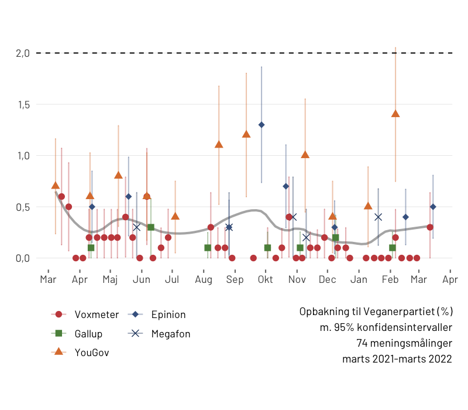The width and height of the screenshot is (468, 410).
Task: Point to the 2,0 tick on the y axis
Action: click(x=22, y=53)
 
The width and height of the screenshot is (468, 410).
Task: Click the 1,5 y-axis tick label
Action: click(x=22, y=104)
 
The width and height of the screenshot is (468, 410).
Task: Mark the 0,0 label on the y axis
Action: click(x=22, y=258)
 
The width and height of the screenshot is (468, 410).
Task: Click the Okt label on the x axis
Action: click(x=265, y=280)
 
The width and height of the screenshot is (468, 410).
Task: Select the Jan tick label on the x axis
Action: click(x=359, y=280)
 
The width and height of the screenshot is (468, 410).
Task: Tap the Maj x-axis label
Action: click(x=110, y=280)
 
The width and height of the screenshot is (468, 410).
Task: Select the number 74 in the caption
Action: click(x=362, y=343)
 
